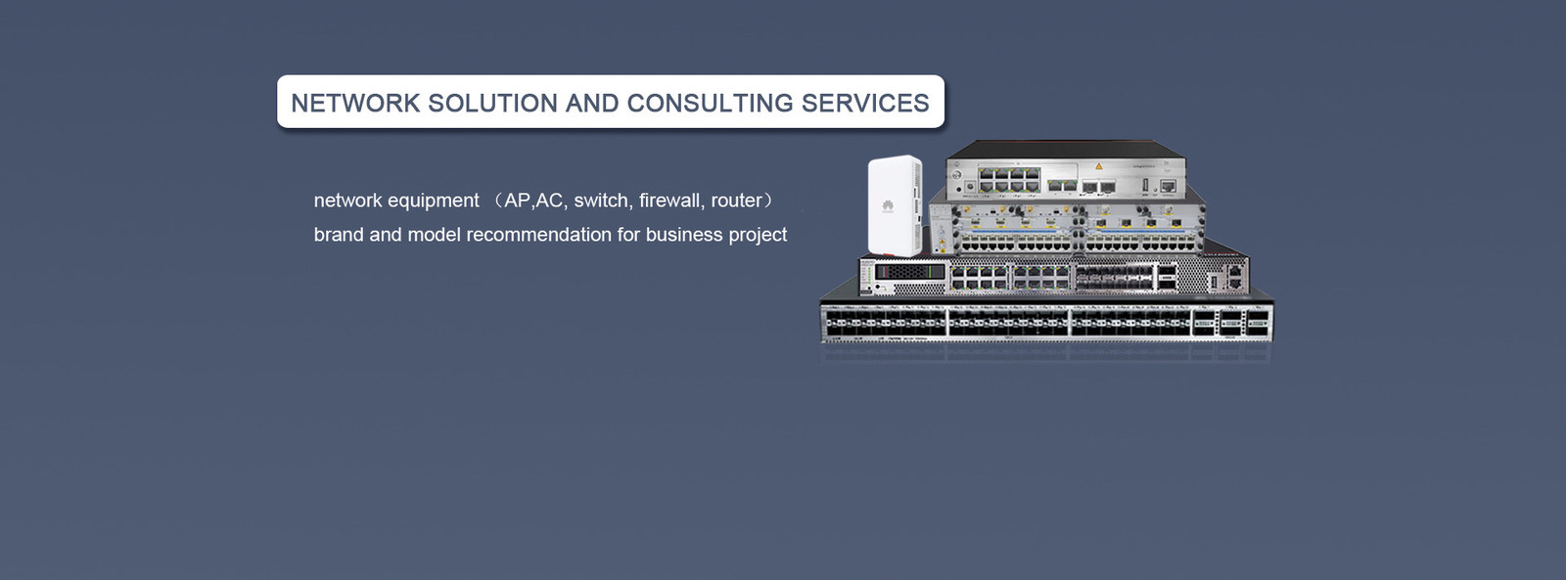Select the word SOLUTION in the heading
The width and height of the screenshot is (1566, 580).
493,103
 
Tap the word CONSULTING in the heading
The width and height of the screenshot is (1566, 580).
710,103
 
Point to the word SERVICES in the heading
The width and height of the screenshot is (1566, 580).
865,103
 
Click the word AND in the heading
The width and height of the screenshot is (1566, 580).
592,103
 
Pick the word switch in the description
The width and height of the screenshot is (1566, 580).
601,201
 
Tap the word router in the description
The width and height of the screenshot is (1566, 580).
736,201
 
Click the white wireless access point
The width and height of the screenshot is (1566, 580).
895,205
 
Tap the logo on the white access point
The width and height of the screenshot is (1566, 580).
887,206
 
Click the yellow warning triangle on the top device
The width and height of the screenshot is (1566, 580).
1098,166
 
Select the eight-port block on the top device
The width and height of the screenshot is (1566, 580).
1008,180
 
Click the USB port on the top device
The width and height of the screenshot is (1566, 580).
1146,185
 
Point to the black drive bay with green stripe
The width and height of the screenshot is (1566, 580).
910,270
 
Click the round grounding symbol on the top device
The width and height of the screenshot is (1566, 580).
970,187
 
